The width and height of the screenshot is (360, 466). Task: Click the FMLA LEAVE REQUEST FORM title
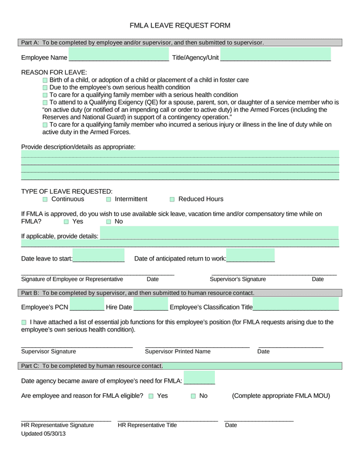[x=180, y=25]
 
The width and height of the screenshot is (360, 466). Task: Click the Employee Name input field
[x=118, y=55]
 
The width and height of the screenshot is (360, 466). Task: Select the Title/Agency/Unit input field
[x=276, y=55]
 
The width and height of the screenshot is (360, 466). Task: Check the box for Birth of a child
[x=46, y=80]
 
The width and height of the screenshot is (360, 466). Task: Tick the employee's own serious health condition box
[x=46, y=88]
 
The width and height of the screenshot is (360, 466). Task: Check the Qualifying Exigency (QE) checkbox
[x=46, y=102]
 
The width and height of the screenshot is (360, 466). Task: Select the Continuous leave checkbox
[x=46, y=199]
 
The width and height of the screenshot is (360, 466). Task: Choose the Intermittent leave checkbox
[x=109, y=199]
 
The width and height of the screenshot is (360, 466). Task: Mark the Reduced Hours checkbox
[x=173, y=199]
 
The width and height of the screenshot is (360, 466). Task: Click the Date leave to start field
[x=98, y=256]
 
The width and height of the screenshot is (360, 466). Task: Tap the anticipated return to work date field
[x=250, y=256]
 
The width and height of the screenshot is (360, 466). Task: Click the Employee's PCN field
[x=87, y=304]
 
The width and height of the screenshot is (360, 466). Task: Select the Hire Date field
[x=151, y=304]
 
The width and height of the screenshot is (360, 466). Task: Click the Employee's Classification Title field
[x=296, y=304]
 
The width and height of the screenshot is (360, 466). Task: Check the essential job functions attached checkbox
[x=24, y=322]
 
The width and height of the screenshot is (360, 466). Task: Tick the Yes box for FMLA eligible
[x=151, y=396]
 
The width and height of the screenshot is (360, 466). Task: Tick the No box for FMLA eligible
[x=193, y=396]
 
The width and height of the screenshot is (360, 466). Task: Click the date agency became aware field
[x=199, y=378]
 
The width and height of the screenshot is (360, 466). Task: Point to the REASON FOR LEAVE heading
[x=54, y=73]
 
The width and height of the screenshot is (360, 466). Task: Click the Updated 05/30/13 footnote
[x=43, y=434]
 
